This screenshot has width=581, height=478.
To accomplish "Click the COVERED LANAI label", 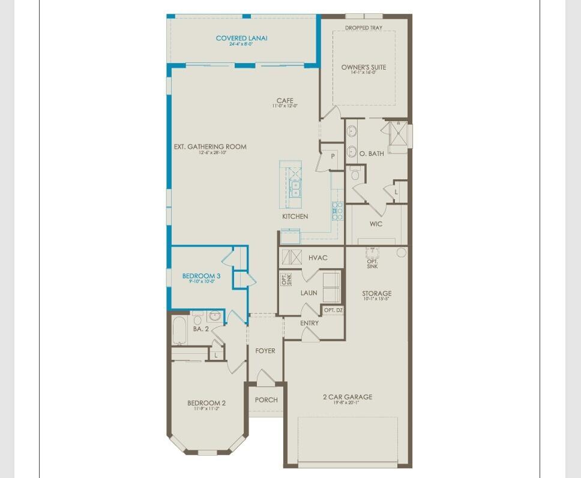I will click(242, 38).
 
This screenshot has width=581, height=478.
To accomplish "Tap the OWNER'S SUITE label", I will click(364, 67).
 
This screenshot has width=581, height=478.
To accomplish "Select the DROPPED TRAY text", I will click(364, 28).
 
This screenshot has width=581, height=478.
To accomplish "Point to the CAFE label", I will click(284, 101).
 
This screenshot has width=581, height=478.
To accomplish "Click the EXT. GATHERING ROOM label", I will click(210, 147).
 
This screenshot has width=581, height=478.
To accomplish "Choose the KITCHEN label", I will click(295, 217).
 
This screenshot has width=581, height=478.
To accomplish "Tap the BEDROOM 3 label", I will click(202, 276).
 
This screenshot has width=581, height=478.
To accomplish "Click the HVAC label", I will click(318, 258).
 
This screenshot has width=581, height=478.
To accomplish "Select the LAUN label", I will click(309, 293).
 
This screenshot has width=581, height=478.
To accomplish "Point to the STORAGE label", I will click(377, 294).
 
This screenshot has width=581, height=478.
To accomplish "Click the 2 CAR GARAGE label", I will click(347, 397).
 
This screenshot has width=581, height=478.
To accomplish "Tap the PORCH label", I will click(266, 400).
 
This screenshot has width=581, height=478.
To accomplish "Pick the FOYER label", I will click(265, 351).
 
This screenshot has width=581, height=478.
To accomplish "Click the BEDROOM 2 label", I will click(206, 403).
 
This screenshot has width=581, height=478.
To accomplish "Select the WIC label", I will click(376, 224).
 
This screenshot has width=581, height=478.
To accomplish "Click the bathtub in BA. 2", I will click(179, 331).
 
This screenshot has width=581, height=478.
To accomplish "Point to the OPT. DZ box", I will click(333, 310).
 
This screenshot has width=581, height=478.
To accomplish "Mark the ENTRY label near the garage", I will click(310, 323).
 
